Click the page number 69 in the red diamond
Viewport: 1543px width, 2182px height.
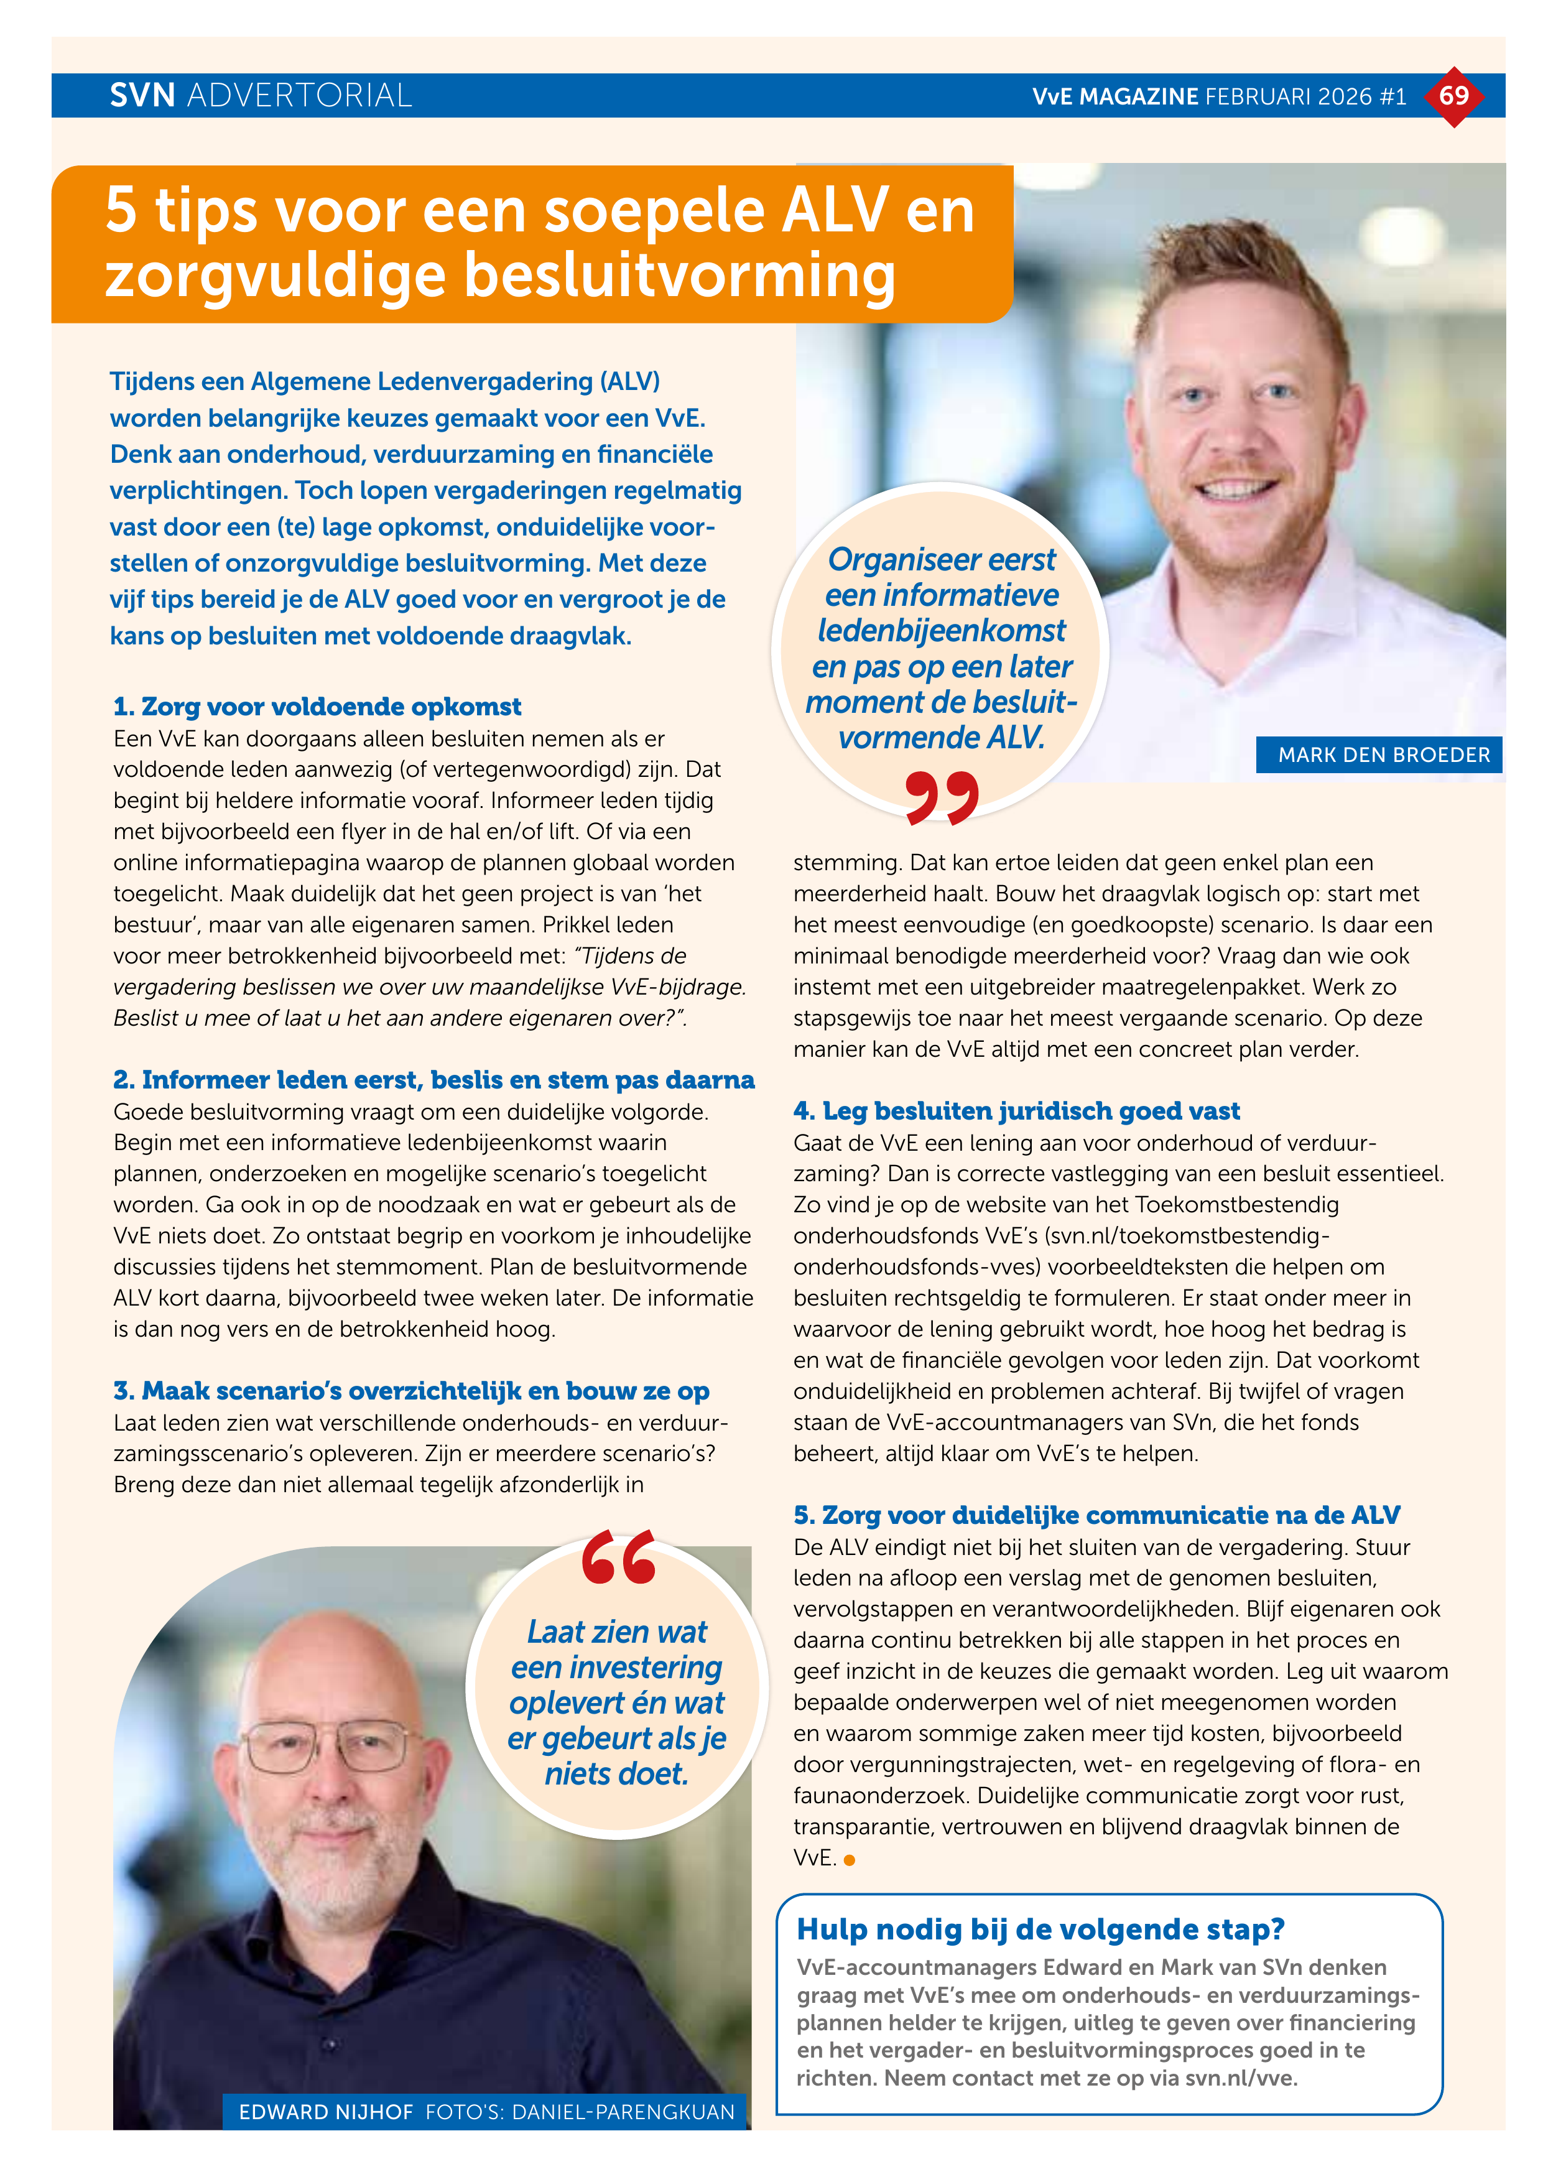(x=1453, y=95)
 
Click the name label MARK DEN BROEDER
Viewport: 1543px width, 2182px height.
(x=1383, y=754)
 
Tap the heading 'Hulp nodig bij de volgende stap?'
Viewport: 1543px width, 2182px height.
(x=1040, y=1929)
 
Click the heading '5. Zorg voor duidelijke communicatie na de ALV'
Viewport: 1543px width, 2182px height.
(x=1096, y=1515)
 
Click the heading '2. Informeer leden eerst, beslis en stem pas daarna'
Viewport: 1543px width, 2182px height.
(x=434, y=1080)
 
